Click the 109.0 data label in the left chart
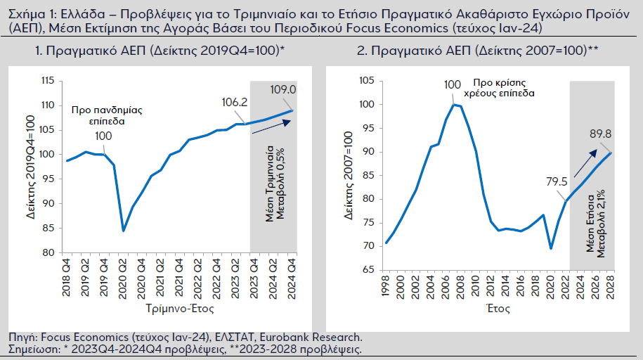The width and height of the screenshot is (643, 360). (x=284, y=90)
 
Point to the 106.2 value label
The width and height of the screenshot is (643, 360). (x=234, y=103)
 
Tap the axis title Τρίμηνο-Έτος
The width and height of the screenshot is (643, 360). (x=181, y=308)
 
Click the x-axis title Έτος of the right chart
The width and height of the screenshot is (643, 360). (x=498, y=308)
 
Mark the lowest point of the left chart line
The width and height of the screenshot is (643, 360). (x=124, y=230)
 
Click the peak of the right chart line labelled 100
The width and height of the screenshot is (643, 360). (x=454, y=105)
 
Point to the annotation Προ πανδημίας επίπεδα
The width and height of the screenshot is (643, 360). (x=98, y=115)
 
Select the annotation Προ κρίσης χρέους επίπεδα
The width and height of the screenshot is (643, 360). (x=504, y=87)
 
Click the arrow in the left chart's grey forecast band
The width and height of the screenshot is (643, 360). (x=267, y=126)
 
